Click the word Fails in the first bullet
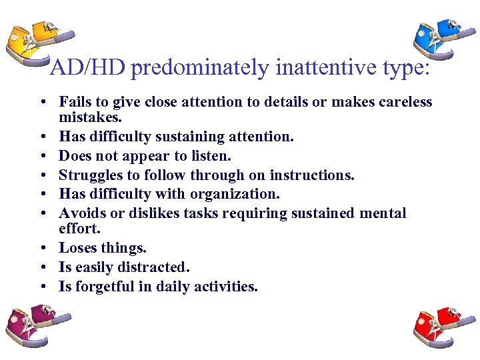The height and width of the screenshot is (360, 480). [x=75, y=102]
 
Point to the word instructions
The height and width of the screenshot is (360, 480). [x=316, y=175]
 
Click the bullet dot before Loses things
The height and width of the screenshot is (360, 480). [x=42, y=248]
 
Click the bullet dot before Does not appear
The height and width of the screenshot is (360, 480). [x=42, y=156]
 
